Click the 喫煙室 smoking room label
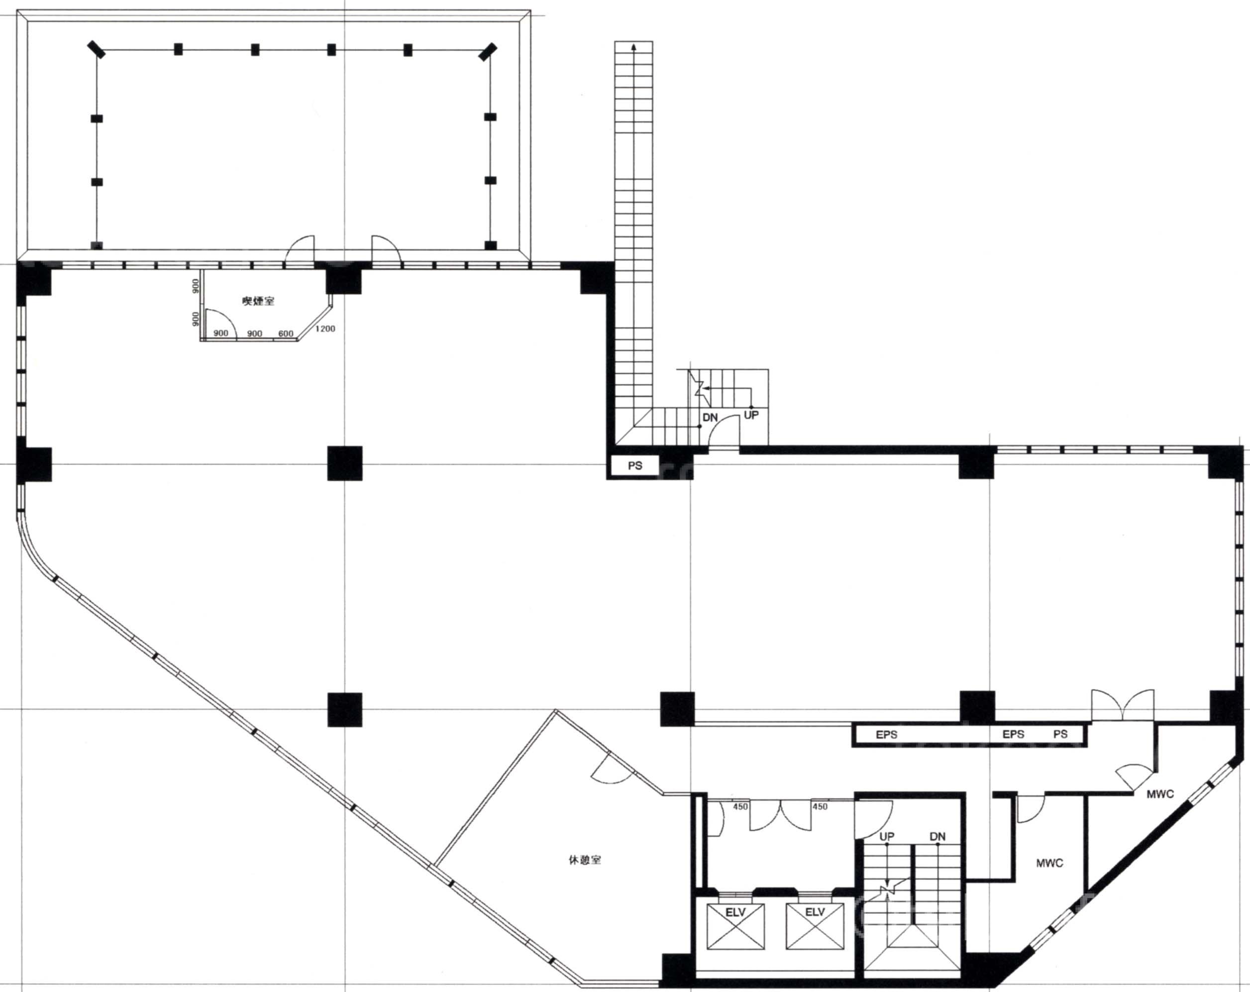pos(258,301)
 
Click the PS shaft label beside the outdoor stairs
pos(635,465)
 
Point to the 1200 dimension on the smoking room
pos(325,329)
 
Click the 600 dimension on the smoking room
pos(286,333)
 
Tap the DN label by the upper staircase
pos(710,418)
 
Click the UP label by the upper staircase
pos(751,415)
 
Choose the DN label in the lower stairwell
pos(937,837)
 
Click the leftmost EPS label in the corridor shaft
pos(886,735)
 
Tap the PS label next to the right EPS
pos(1060,734)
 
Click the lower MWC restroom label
pos(1049,863)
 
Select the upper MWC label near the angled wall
pos(1160,794)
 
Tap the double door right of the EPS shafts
pos(1123,706)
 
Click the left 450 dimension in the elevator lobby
pos(740,806)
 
